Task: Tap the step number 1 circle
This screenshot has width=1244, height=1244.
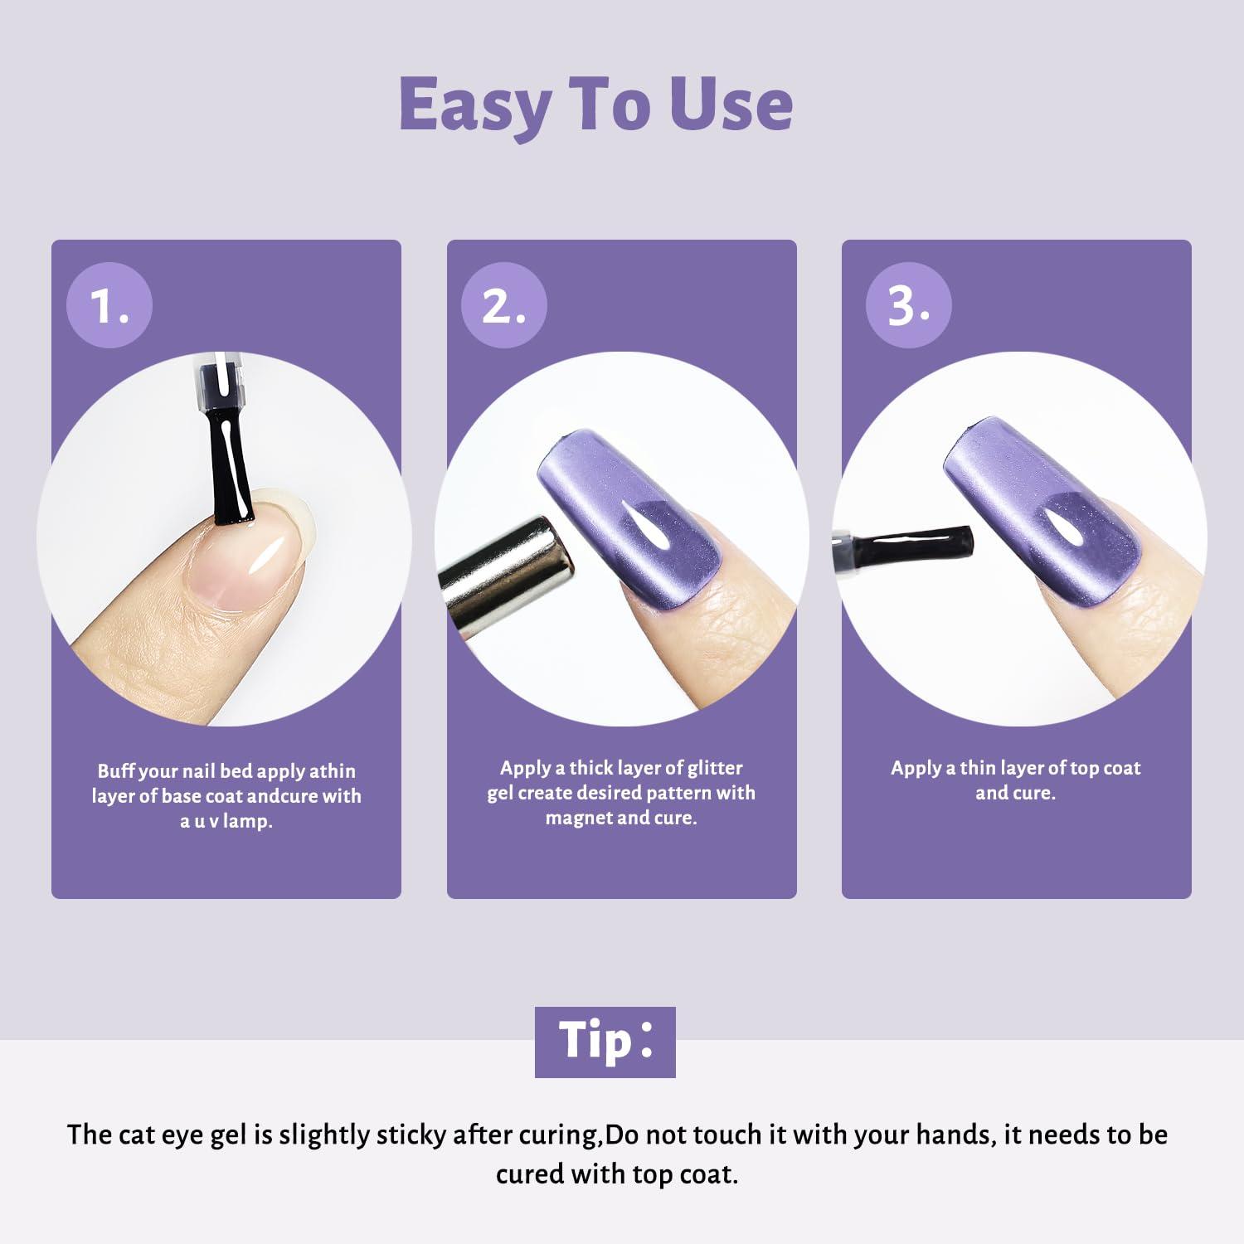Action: pos(109,305)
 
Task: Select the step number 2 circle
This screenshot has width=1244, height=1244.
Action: pos(504,305)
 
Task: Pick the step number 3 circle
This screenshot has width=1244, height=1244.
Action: pos(909,305)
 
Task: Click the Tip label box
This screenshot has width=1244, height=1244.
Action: pos(605,1042)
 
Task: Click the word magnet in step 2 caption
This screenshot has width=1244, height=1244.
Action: pos(579,819)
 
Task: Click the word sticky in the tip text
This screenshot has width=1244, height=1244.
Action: pos(411,1135)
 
